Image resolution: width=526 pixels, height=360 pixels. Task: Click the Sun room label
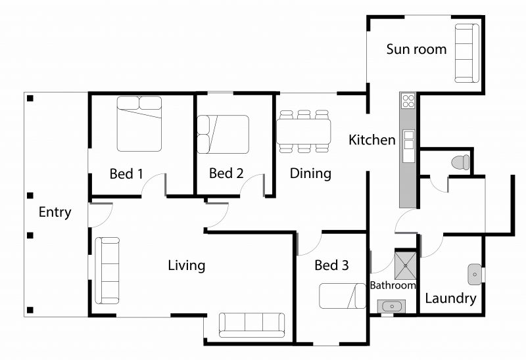click(416, 49)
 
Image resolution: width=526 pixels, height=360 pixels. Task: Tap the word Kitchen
click(372, 140)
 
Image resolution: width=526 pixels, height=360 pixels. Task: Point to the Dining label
click(310, 173)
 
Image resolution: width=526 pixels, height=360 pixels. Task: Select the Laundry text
click(450, 298)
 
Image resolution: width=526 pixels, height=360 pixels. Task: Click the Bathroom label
click(393, 285)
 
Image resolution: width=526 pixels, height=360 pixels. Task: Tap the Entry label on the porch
click(55, 212)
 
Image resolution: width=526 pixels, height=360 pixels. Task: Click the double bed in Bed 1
click(139, 124)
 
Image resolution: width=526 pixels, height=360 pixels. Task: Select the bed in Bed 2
click(223, 134)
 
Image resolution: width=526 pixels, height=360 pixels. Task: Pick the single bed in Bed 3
click(343, 296)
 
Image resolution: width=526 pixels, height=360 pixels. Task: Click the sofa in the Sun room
click(467, 53)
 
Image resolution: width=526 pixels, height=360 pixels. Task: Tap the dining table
click(304, 131)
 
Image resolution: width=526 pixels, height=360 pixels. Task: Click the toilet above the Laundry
click(460, 162)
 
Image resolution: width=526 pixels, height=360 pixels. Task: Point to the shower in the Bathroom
click(405, 266)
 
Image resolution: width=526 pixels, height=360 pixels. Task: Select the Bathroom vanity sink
click(391, 306)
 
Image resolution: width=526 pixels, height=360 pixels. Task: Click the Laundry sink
click(475, 275)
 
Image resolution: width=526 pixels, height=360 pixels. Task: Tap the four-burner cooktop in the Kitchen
click(408, 101)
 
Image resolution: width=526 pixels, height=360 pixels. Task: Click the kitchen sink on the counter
click(409, 140)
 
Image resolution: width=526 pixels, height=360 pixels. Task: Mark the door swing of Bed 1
click(152, 181)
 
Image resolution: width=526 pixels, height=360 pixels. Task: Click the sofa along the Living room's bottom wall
click(252, 325)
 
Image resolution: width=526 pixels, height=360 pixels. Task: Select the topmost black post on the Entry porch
click(30, 99)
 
